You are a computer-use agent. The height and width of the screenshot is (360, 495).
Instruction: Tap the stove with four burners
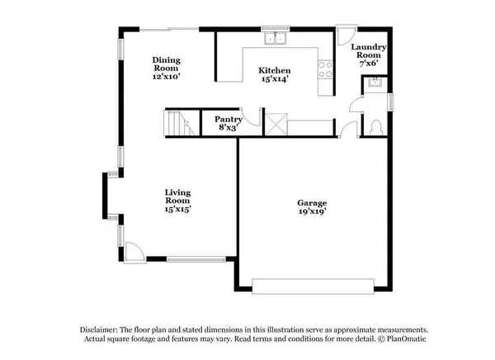[x=324, y=69]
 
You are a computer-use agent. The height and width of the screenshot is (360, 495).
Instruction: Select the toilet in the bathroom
[x=375, y=128]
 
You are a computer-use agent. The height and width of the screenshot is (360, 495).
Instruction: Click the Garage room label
[x=312, y=202]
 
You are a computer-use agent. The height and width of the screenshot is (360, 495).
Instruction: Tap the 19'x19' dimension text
[x=312, y=212]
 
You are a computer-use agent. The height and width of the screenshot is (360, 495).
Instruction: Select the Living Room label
[x=177, y=196]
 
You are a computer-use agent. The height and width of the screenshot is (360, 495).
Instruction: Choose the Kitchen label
[x=275, y=70]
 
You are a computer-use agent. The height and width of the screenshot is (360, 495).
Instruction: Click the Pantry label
[x=228, y=118]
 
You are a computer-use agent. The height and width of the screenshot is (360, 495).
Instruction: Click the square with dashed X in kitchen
[x=274, y=125]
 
